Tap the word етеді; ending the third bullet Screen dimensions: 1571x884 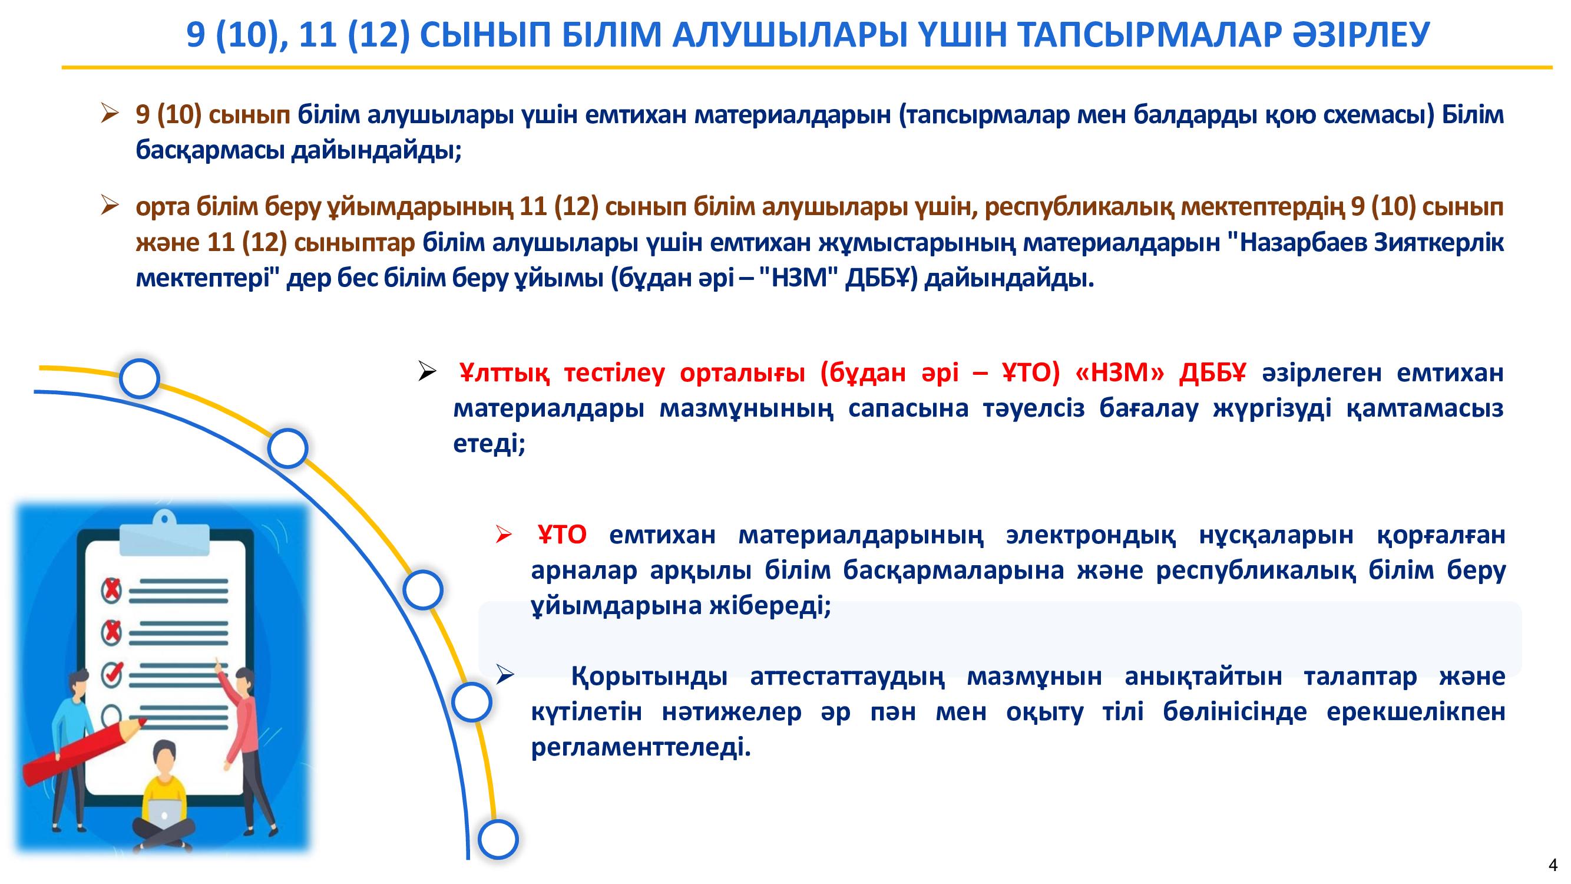[489, 444]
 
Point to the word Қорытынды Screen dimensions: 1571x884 [650, 677]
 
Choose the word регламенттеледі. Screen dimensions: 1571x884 [641, 747]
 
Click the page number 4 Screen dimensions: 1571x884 [1553, 865]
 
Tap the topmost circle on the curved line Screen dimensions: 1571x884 [140, 379]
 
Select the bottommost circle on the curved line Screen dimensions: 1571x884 [498, 839]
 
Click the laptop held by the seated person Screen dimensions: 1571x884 [164, 811]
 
